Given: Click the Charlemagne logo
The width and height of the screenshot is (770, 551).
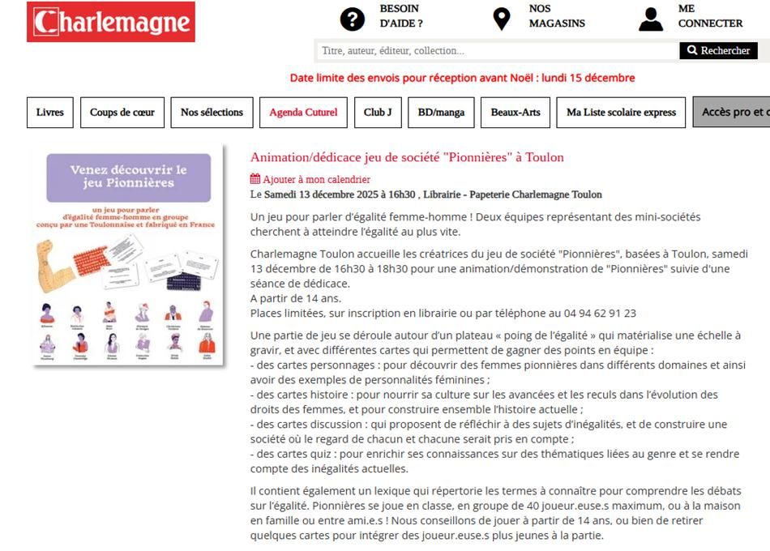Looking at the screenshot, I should (111, 22).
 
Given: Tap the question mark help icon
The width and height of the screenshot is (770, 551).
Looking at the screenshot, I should (353, 19).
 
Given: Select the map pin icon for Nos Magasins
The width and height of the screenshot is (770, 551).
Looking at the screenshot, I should (502, 19).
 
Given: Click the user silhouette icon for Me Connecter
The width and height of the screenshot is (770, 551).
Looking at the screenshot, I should (651, 19).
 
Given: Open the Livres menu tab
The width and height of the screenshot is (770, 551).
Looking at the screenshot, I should (50, 113).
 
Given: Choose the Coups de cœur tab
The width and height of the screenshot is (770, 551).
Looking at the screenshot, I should (122, 113).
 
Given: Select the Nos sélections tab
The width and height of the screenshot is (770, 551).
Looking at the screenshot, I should (212, 113).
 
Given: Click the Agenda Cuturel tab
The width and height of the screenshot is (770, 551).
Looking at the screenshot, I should (303, 113).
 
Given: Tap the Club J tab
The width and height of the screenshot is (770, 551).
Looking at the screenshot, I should (378, 113).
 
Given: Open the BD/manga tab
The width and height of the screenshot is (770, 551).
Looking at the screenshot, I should (441, 113).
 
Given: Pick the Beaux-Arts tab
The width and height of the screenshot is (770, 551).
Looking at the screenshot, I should (515, 113).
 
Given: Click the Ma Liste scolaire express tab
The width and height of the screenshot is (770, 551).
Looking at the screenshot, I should (622, 113).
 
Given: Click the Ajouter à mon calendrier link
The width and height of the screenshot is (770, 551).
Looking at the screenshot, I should (310, 179).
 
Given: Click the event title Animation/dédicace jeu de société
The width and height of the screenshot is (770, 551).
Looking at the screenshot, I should (407, 157).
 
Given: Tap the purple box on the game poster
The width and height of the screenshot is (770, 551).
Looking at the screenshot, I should (128, 177).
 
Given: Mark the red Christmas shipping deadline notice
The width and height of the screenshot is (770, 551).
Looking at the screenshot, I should (462, 78).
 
